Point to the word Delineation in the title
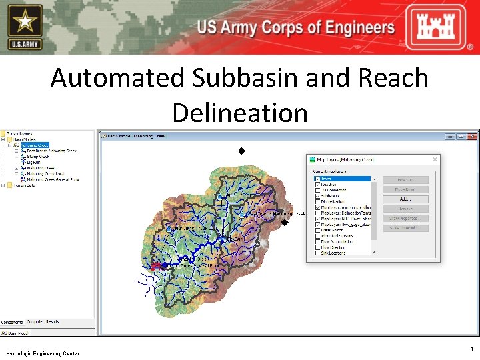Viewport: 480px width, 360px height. [240, 112]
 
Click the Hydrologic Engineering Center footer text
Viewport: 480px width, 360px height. [42, 353]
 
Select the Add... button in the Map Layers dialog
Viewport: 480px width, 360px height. [405, 199]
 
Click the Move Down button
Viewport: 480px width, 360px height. [405, 189]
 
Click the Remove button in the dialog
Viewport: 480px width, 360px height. [405, 209]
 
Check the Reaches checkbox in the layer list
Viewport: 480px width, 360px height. [317, 185]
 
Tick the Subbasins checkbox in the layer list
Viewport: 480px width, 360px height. [317, 196]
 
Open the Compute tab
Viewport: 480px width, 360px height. [35, 322]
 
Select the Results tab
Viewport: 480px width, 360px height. [52, 322]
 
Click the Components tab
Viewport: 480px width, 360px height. [13, 322]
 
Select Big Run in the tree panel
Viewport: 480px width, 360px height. [35, 162]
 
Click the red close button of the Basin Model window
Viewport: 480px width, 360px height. [473, 136]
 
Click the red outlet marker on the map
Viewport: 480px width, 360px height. [155, 265]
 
